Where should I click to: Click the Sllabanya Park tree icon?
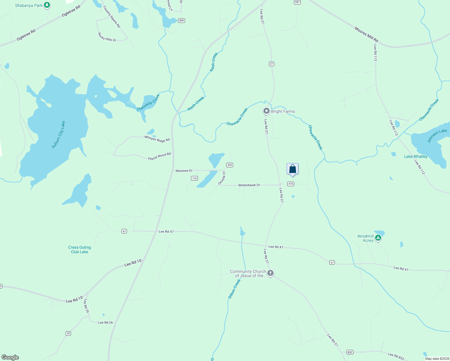point(47,5)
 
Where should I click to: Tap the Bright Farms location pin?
point(266,111)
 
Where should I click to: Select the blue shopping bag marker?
point(292,169)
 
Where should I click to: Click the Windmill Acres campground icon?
point(378,238)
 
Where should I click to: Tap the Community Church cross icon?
point(270,273)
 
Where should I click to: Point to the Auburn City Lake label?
point(58,134)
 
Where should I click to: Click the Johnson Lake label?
point(437,136)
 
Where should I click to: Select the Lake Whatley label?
point(416,156)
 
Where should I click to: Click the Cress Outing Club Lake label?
point(79,250)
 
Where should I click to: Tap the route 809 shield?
point(181,20)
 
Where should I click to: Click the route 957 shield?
point(297,2)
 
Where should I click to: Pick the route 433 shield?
point(230,165)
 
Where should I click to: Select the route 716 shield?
point(194,178)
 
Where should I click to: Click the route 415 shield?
point(290,184)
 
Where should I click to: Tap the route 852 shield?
point(350,352)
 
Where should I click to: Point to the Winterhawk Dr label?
point(249,185)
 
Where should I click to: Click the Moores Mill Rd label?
point(366,35)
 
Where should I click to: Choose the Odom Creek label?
point(234,288)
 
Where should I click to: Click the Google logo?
point(10,357)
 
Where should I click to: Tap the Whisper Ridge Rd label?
point(157,139)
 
